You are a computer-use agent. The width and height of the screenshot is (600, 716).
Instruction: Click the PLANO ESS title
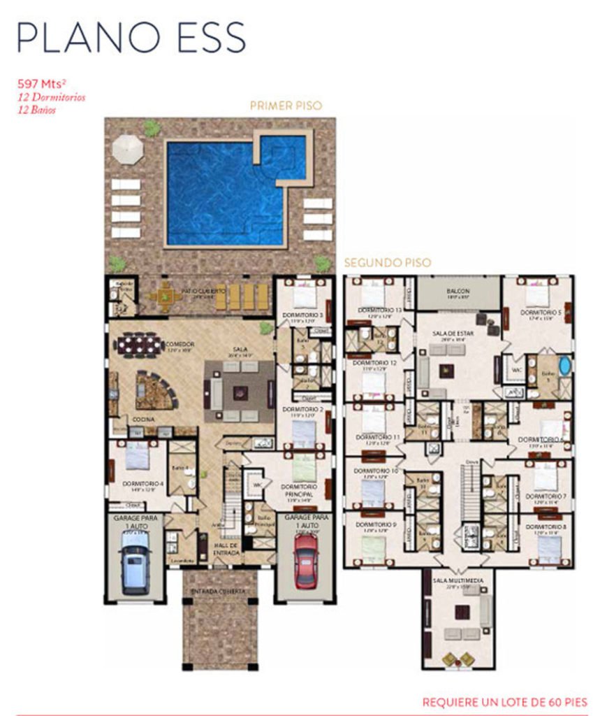[x=131, y=38]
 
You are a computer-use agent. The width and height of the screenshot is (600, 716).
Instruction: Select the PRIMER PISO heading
[x=286, y=106]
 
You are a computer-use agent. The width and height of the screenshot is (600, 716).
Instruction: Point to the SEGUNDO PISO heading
[x=387, y=263]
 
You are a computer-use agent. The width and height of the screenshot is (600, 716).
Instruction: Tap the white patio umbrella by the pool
[x=128, y=148]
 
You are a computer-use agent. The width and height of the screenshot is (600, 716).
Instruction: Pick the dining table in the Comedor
[x=139, y=344]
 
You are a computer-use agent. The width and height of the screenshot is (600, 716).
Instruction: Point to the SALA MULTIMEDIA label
[x=458, y=580]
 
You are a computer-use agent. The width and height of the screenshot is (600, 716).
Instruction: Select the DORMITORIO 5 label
[x=541, y=313]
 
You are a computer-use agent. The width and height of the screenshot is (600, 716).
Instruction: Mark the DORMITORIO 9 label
[x=376, y=524]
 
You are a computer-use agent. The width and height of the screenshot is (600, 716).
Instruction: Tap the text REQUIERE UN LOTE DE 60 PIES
[x=504, y=701]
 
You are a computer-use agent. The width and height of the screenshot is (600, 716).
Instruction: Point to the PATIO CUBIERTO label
[x=203, y=290]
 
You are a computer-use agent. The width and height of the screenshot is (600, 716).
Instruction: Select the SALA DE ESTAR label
[x=454, y=334]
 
